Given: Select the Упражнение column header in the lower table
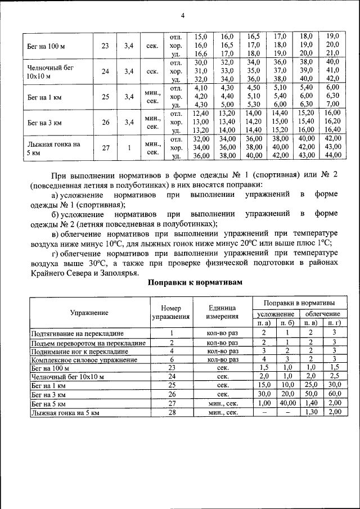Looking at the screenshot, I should click(89, 312).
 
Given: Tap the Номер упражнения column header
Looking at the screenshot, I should click(171, 312).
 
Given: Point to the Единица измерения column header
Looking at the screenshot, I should click(222, 312).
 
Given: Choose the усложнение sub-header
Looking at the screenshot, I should click(276, 313).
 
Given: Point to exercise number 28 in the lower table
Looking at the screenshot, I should click(171, 413).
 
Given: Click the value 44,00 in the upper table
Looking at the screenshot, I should click(332, 155).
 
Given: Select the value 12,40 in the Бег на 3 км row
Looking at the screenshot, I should click(201, 113).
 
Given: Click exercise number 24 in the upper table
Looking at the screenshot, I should click(105, 71).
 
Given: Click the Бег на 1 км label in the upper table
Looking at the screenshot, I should click(45, 97).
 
